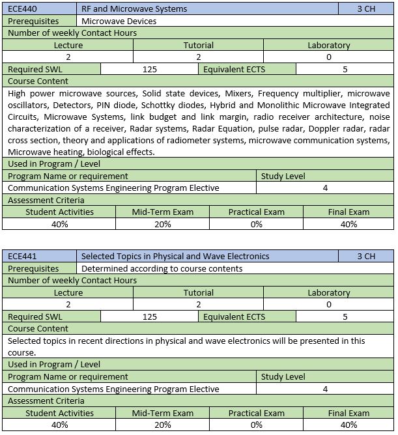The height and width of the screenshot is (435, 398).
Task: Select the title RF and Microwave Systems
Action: pos(135,9)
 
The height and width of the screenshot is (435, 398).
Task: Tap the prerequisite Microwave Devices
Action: pos(119,21)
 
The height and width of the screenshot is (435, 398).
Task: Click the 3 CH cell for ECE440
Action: pos(366,9)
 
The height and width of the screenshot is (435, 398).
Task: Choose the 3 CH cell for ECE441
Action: pos(366,257)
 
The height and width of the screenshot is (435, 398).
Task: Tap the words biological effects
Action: pos(121,152)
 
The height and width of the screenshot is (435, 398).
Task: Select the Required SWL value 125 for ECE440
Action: pos(150,69)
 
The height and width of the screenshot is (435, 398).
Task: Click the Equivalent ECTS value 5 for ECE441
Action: pos(345,316)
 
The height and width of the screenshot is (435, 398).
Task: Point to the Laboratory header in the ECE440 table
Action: pos(328,46)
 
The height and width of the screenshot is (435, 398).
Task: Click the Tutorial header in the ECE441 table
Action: pos(198,293)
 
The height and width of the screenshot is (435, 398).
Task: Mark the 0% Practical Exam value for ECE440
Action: pos(256,224)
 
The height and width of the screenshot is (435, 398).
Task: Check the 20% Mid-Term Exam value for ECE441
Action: pos(162,425)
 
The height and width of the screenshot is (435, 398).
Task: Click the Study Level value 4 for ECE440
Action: pos(325,188)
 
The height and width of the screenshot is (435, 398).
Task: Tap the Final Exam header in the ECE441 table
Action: pos(348,413)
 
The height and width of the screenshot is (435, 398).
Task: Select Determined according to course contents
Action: pos(162,268)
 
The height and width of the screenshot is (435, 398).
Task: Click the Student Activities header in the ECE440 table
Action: pos(59,212)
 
